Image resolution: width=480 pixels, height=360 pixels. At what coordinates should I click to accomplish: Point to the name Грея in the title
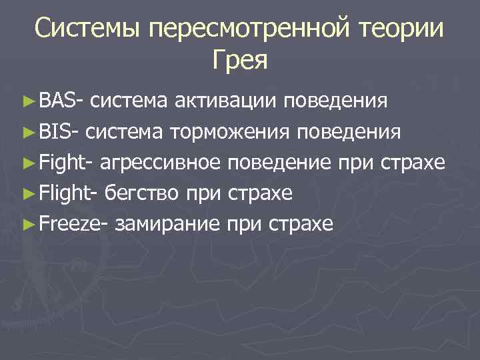click(x=240, y=61)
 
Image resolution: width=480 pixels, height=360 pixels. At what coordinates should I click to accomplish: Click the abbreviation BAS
click(x=57, y=101)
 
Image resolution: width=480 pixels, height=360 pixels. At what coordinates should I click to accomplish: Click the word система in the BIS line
click(x=124, y=132)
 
